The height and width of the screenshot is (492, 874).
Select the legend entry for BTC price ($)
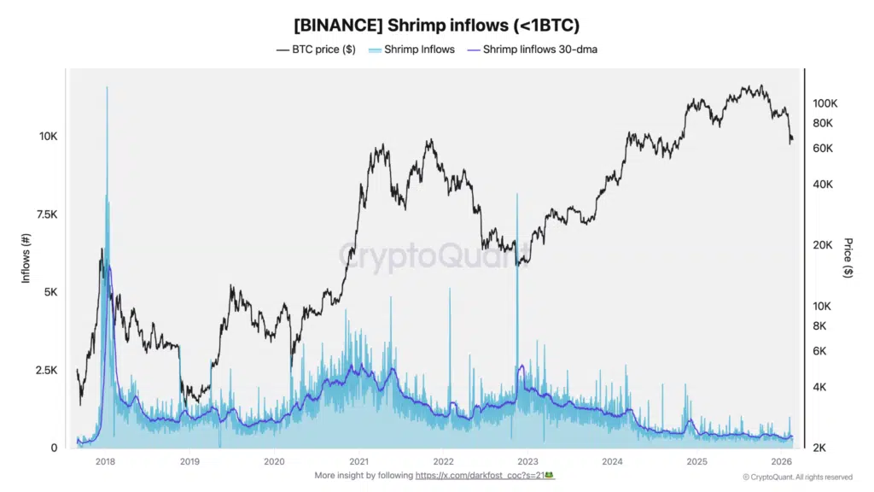(316, 50)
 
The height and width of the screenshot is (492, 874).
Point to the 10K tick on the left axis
(47, 137)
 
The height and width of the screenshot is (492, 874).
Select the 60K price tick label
(822, 149)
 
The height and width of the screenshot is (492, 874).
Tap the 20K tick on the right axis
(822, 245)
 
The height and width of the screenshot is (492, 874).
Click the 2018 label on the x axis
(106, 461)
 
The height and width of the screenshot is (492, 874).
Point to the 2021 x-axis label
(358, 461)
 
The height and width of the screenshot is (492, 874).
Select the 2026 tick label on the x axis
(781, 461)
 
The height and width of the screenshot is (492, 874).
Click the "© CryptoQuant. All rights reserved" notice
(797, 477)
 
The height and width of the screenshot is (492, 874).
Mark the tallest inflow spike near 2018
(108, 89)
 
